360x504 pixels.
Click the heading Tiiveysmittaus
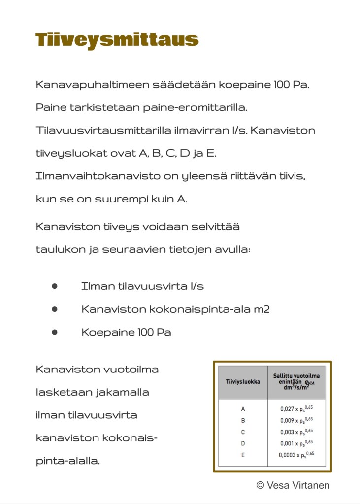(x=117, y=40)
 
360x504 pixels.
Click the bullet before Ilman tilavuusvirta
(x=55, y=286)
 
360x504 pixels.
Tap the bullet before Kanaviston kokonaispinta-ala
(x=55, y=309)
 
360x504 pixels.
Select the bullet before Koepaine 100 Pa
(x=55, y=332)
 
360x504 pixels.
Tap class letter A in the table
(x=243, y=409)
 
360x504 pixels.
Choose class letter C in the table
(x=243, y=432)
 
